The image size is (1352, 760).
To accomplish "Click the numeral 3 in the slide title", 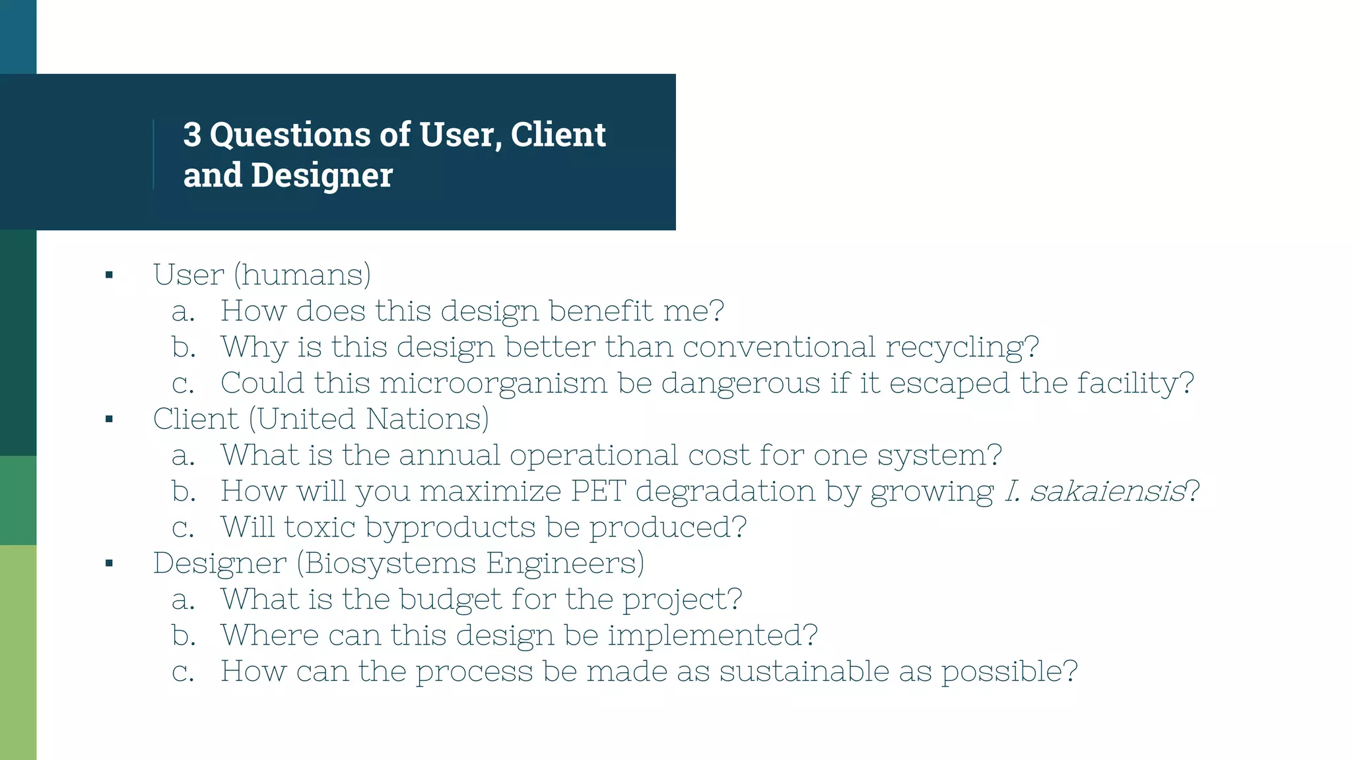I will point(192,135).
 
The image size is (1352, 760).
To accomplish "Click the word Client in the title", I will point(558,135).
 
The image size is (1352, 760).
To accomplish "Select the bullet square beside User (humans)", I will point(110,275).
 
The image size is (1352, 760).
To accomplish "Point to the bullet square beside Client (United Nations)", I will point(110,419).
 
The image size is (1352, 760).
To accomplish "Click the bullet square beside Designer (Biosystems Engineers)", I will point(110,563).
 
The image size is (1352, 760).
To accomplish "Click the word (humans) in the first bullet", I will point(302,274).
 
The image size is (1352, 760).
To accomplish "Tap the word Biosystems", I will point(389,563).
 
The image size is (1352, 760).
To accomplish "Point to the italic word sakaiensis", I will point(1108,491).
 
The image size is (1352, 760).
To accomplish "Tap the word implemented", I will point(712,635).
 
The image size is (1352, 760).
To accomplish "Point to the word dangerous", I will point(741,383).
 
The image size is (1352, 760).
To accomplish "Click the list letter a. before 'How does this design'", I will point(183,311).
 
